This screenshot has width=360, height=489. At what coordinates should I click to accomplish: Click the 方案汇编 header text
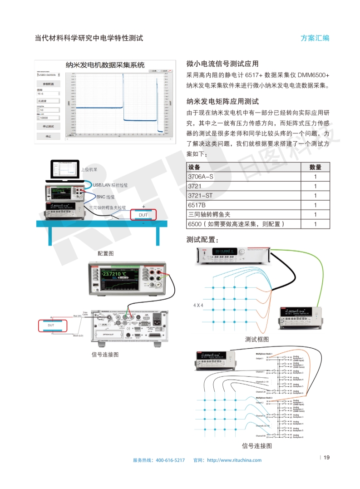click(315, 38)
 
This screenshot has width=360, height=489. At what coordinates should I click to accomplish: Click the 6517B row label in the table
click(196, 205)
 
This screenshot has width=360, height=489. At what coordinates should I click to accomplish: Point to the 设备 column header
click(194, 167)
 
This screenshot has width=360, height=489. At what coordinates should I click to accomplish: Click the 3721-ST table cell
click(200, 196)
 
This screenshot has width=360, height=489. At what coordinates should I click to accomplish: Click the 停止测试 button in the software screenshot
click(49, 126)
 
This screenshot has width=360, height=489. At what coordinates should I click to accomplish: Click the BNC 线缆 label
click(106, 197)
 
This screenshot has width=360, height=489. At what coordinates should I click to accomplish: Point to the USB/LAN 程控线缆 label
click(110, 185)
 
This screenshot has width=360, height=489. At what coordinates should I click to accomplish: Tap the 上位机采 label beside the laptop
click(89, 169)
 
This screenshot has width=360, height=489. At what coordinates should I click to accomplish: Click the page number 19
click(326, 457)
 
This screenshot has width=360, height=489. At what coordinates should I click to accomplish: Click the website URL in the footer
click(234, 460)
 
